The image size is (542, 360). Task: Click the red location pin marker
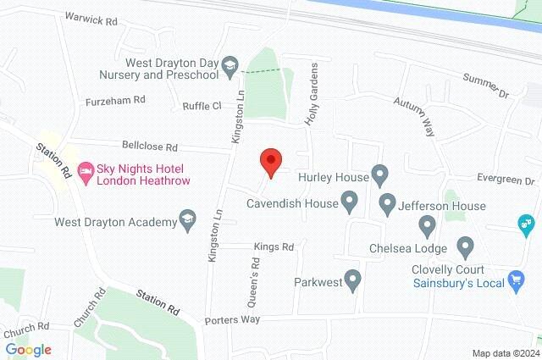270,162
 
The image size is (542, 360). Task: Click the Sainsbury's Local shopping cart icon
515,280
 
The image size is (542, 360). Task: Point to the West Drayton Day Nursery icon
230,66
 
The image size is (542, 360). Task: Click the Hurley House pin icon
380,178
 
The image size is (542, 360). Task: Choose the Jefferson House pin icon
388,204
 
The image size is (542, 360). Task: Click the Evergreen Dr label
506,181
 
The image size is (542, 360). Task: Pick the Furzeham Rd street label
115,99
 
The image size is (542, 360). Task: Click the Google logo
29,350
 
